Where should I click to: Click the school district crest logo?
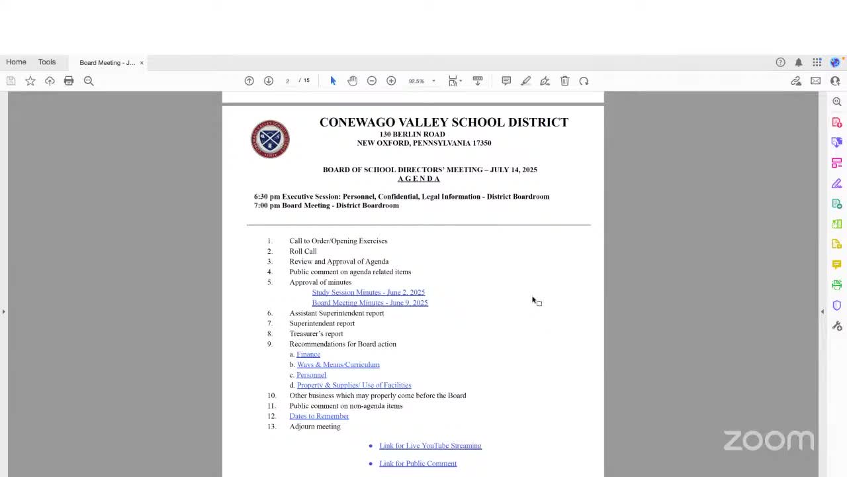tap(270, 139)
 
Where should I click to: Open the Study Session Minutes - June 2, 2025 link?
tap(368, 292)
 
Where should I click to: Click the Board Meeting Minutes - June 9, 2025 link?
tap(369, 303)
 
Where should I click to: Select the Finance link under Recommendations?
tap(308, 354)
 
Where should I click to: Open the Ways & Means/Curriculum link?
tap(338, 364)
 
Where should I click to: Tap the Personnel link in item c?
tap(311, 375)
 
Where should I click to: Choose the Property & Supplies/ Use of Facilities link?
tap(354, 385)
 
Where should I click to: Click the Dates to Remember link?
tap(319, 416)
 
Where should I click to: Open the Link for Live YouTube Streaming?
tap(430, 446)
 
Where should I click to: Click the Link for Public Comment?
tap(418, 464)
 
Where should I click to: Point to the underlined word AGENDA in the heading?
tap(418, 179)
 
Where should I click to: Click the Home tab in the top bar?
tap(17, 62)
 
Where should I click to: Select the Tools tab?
tap(47, 62)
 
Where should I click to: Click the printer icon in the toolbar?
tap(69, 81)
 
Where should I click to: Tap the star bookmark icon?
tap(30, 81)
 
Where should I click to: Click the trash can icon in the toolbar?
tap(564, 81)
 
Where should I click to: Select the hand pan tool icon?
tap(352, 81)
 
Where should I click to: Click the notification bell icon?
tap(799, 62)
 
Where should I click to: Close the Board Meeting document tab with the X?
tap(142, 63)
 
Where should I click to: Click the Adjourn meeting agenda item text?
tap(315, 427)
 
